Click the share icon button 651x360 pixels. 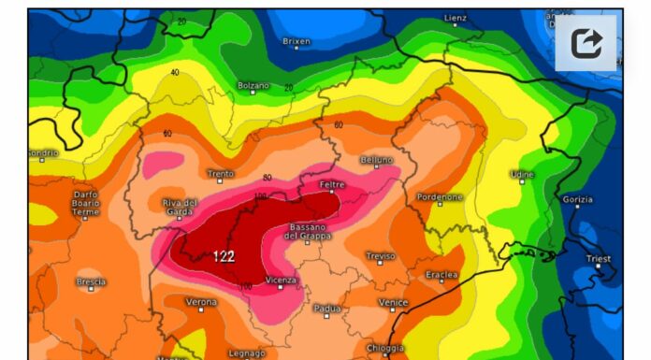(586, 43)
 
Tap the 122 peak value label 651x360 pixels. (224, 256)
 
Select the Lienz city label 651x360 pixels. (456, 18)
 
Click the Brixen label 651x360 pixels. (297, 40)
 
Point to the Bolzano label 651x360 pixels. (253, 85)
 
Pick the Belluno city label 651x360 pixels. (377, 160)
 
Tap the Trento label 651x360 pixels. (220, 173)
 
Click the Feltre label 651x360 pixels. (332, 184)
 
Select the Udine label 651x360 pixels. (522, 174)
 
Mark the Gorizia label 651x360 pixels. (579, 198)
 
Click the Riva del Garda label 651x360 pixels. (180, 208)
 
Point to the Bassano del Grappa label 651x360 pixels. (306, 232)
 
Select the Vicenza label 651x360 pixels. (281, 280)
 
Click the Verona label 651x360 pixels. (201, 302)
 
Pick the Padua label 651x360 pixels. (326, 308)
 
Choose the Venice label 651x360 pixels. (393, 302)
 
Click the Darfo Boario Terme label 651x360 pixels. (85, 203)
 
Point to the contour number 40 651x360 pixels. (175, 72)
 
